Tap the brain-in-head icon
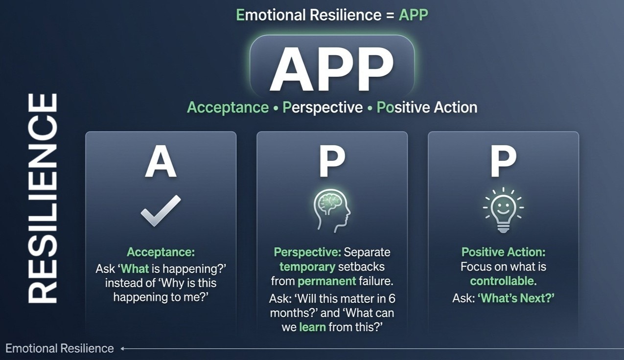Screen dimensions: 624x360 [x=332, y=211]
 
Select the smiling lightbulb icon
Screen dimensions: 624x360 [x=504, y=210]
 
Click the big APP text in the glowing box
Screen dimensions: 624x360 [x=332, y=69]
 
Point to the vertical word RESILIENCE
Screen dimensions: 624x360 [x=43, y=198]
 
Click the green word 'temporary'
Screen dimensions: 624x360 [x=307, y=267]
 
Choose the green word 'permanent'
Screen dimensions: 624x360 [x=327, y=281]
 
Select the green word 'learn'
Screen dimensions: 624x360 [x=312, y=327]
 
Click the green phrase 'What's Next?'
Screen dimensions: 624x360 [x=516, y=298]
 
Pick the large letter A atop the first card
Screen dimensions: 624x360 [x=161, y=162]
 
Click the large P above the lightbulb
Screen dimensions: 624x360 [x=504, y=162]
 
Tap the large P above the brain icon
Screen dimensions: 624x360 [x=332, y=162]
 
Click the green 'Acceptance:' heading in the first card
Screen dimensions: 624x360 [x=161, y=252]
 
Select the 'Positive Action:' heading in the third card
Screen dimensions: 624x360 [x=504, y=252]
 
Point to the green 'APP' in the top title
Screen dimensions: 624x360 [x=414, y=15]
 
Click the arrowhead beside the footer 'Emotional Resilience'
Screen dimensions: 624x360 [x=122, y=349]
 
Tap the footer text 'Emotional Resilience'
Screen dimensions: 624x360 [x=60, y=348]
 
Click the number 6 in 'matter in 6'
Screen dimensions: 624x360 [x=392, y=299]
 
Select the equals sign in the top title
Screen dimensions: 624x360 [x=390, y=16]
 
